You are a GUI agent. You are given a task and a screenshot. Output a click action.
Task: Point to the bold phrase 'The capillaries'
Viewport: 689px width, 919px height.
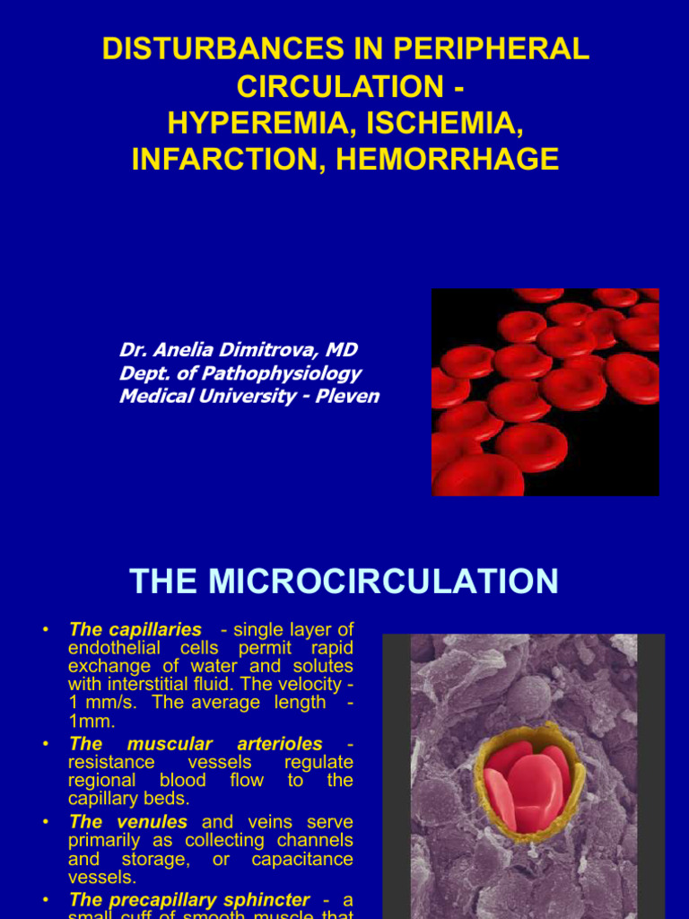[x=135, y=630]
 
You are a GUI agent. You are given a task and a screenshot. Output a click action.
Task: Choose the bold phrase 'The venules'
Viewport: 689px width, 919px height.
[x=127, y=822]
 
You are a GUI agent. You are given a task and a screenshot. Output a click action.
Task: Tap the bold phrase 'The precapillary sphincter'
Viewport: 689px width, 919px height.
[x=188, y=899]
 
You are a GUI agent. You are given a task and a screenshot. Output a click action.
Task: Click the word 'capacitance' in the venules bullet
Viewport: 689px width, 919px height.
[x=301, y=859]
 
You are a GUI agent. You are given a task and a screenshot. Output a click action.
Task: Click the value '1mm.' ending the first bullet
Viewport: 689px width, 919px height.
[x=92, y=721]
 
